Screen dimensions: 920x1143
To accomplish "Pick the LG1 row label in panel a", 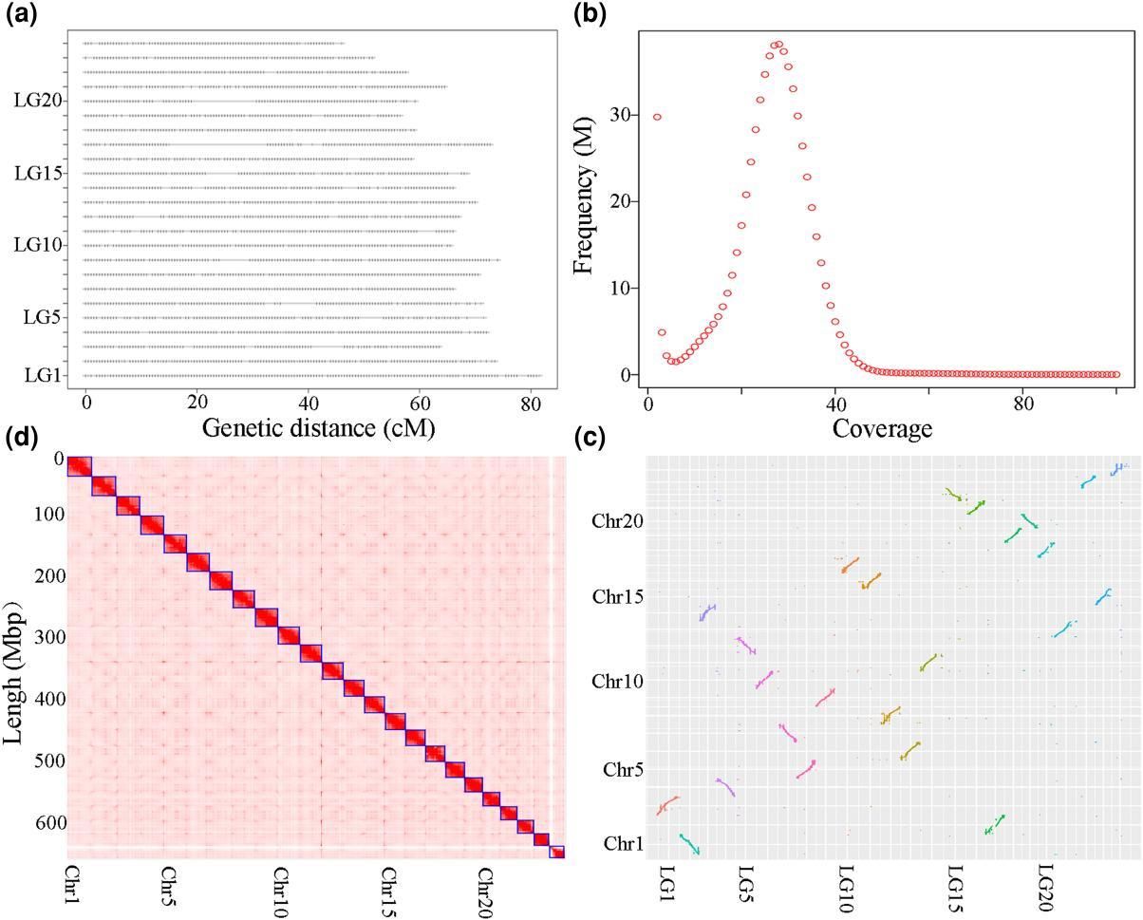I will [44, 375].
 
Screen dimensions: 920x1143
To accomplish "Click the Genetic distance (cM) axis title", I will [318, 428].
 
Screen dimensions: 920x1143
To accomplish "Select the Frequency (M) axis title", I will [584, 202].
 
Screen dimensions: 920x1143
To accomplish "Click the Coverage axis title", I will [882, 429].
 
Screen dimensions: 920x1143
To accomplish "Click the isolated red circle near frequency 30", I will [657, 117].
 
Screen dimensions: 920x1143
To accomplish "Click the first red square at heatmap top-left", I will [78, 467].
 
